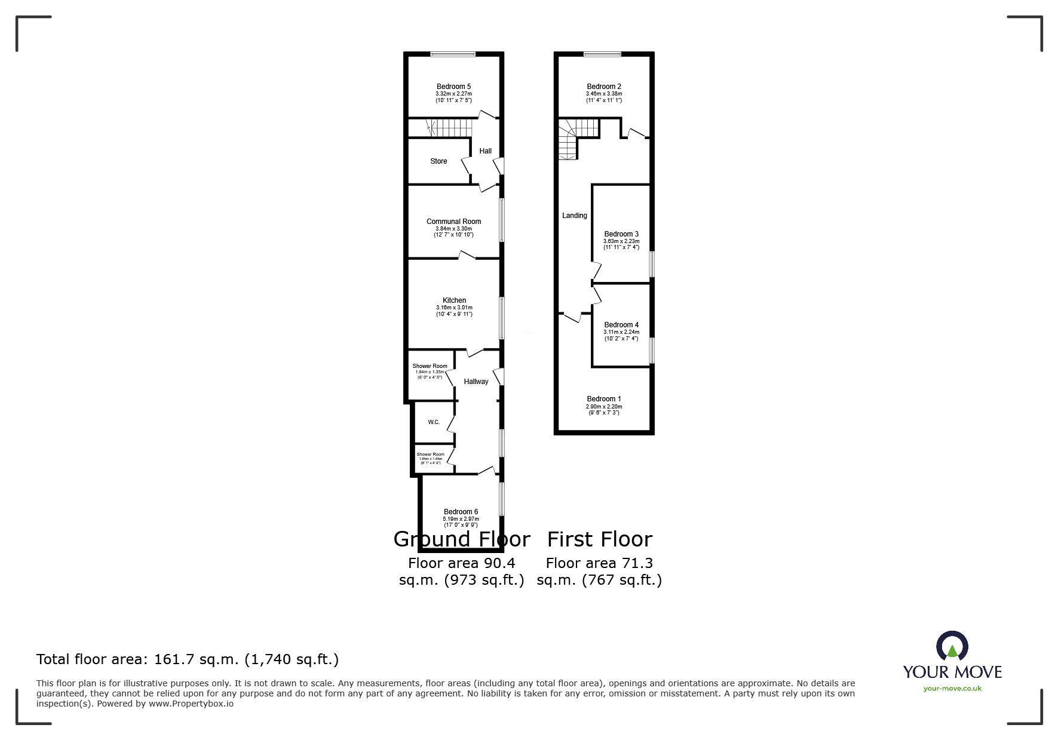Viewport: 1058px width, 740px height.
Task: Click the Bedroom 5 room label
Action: point(453,87)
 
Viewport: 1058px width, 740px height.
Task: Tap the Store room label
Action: point(438,161)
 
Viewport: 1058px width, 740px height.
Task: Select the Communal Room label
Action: point(453,222)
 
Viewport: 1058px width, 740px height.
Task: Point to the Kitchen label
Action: point(454,300)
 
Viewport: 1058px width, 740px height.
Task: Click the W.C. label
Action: point(434,422)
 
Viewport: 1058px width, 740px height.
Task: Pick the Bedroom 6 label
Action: point(461,512)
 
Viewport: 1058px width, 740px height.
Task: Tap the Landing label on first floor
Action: point(574,216)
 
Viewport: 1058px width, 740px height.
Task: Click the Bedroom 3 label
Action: point(621,234)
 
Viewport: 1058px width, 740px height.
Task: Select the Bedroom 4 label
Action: point(621,325)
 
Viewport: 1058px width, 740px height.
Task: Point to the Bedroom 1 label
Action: point(604,399)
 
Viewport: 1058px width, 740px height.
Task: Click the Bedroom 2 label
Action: point(604,87)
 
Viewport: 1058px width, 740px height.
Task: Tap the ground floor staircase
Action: point(448,127)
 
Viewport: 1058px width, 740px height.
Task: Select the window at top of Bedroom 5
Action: point(453,55)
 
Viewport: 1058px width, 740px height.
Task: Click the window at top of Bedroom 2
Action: point(602,55)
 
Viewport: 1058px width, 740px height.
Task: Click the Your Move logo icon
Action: point(952,646)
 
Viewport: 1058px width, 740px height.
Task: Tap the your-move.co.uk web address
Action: point(952,689)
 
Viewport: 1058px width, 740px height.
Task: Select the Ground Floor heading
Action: point(462,539)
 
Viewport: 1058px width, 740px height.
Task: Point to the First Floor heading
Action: point(600,539)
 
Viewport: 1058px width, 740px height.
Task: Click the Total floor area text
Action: point(188,659)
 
